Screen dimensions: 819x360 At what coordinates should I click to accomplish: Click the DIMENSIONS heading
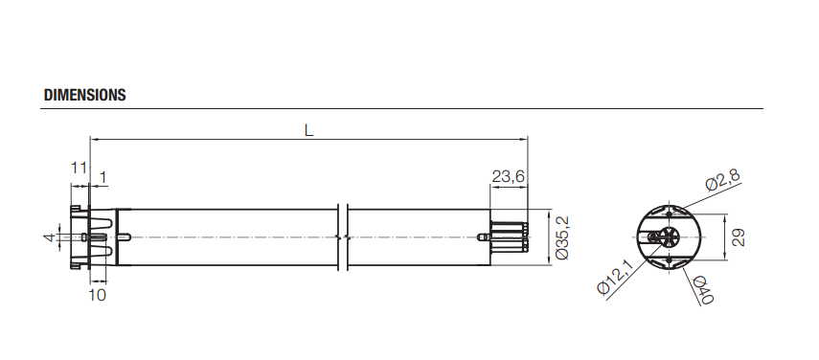point(85,95)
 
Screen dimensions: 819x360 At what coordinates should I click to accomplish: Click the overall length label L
point(308,130)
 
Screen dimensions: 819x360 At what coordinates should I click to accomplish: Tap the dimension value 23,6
point(508,177)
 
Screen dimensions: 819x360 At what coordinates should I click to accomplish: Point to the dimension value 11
point(79,168)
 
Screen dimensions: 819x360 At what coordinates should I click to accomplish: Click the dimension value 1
point(102,177)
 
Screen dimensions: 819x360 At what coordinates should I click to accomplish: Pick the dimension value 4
point(49,237)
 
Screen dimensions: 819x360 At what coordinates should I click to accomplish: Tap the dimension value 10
point(97,295)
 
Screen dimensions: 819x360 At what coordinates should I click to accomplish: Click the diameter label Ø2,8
point(722,180)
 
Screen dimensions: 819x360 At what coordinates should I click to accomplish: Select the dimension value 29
point(738,237)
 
